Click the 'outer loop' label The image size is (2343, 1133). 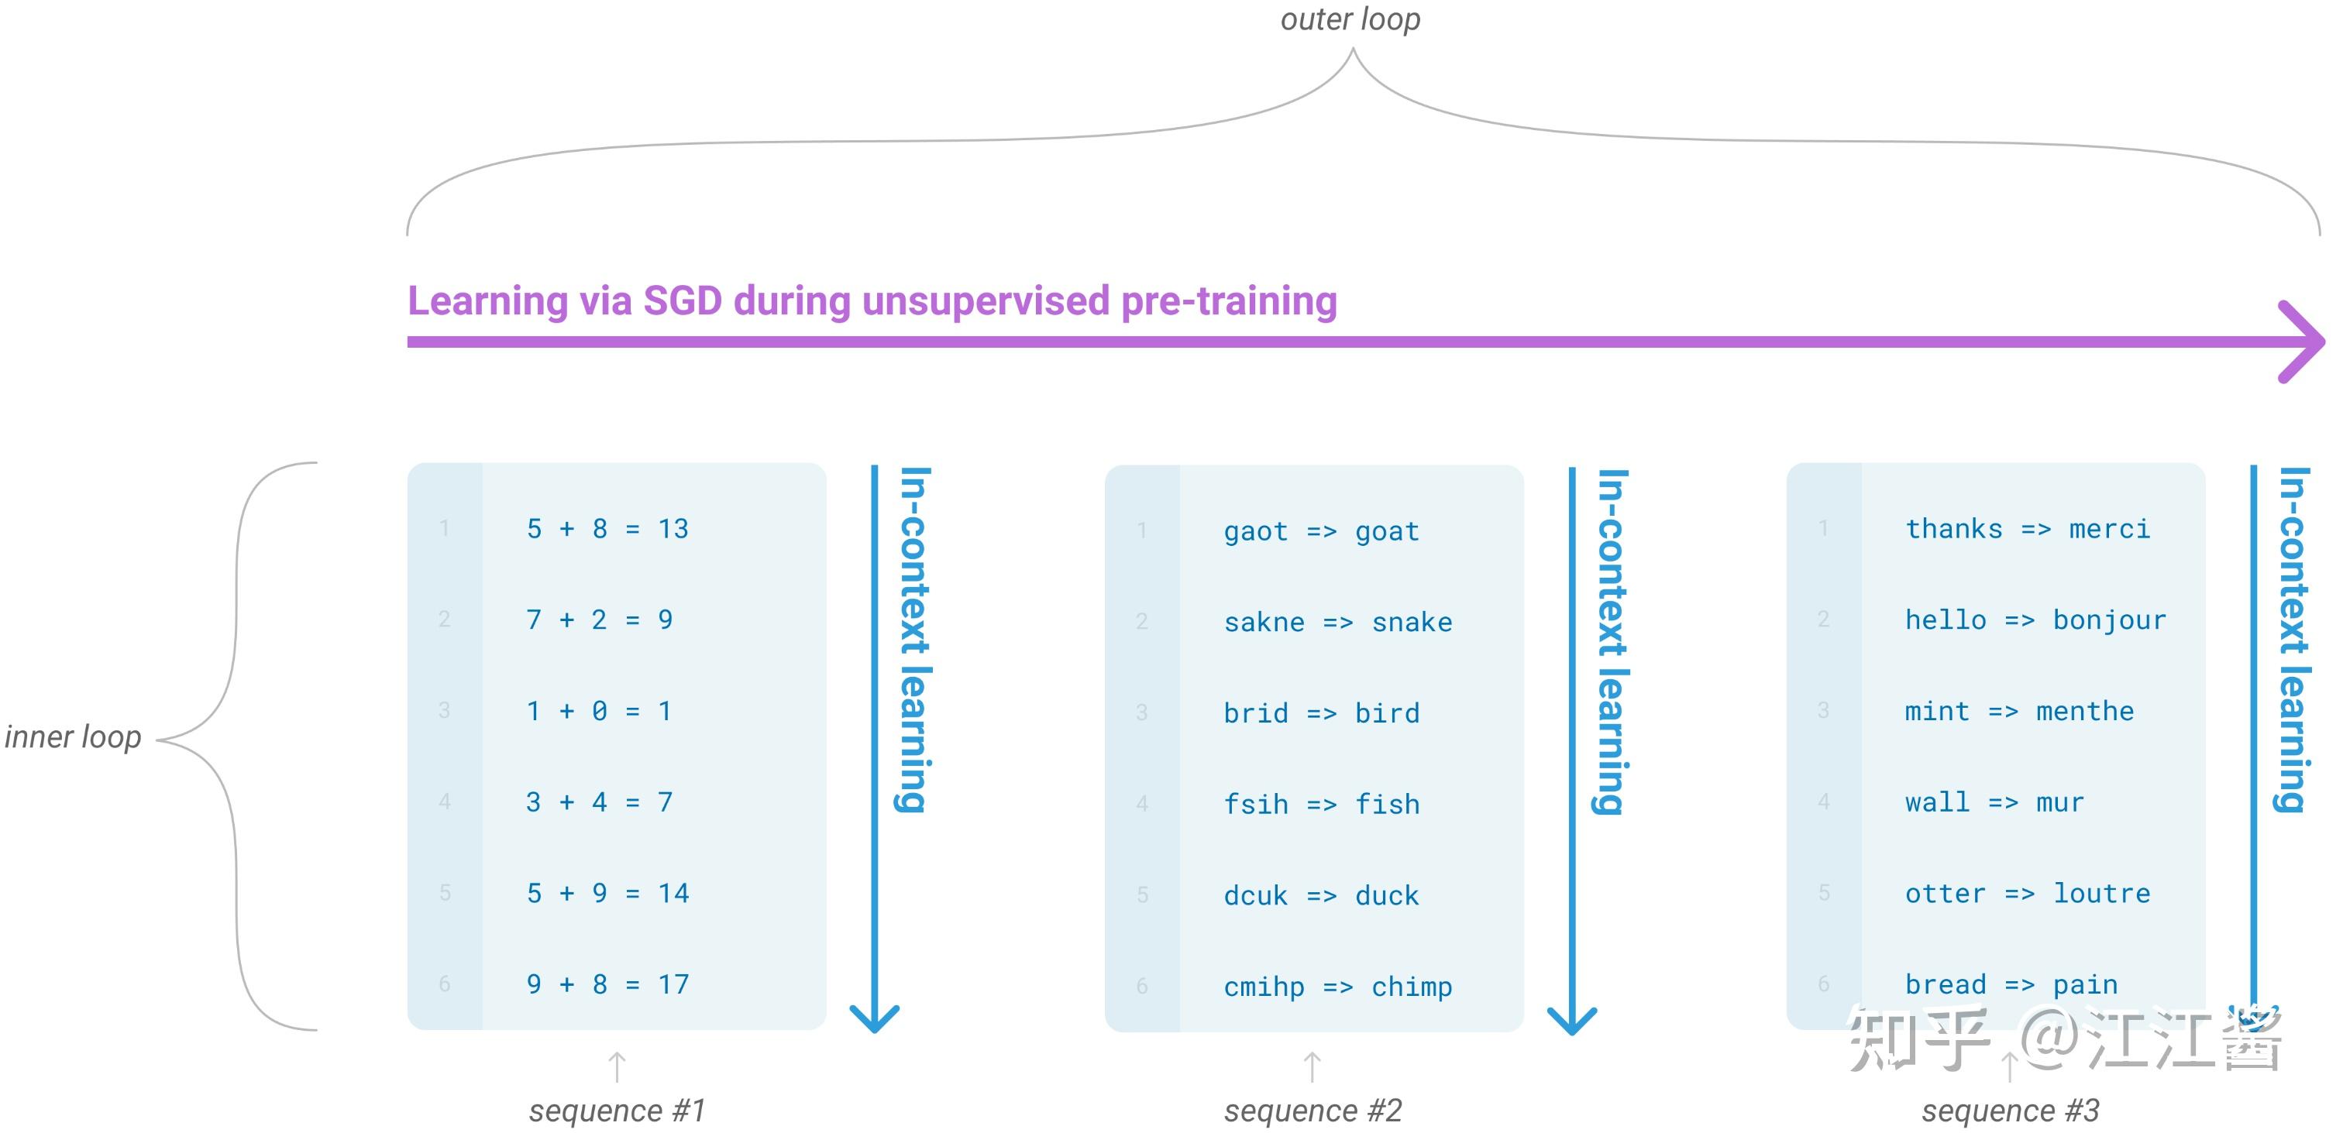(x=1350, y=19)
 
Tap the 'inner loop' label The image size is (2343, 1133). (x=73, y=736)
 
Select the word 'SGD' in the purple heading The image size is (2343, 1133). (x=682, y=301)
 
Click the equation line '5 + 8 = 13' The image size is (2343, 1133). (x=607, y=528)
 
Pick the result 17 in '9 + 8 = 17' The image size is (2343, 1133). (x=674, y=984)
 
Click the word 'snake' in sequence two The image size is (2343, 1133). (x=1412, y=622)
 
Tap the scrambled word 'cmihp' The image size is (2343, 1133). (x=1264, y=987)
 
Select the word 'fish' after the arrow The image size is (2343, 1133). (x=1387, y=805)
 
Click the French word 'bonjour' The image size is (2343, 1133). (x=2109, y=620)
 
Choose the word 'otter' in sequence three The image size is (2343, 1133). (x=1945, y=894)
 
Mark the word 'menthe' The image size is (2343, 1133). (x=2085, y=711)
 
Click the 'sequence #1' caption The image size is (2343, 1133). (x=617, y=1111)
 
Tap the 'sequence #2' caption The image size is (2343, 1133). (x=1313, y=1111)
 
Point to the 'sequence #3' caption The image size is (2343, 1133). (x=2010, y=1111)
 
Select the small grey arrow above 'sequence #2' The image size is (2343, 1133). (x=1312, y=1066)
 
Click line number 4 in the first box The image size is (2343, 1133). (x=445, y=801)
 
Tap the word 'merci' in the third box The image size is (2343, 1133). (x=2109, y=529)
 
